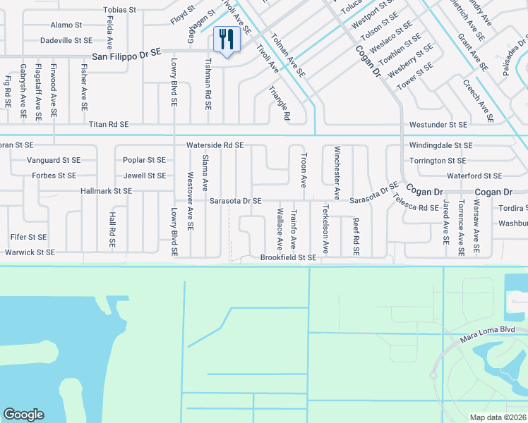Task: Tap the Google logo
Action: coord(23,415)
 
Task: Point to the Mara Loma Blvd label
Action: coord(505,329)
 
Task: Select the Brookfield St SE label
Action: coord(288,258)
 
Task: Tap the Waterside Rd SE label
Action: coord(215,145)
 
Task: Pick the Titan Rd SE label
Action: coord(109,124)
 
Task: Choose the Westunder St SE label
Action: coord(438,124)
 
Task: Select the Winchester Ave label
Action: coord(337,172)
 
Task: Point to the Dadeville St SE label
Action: coord(66,41)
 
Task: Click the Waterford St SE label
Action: coord(474,176)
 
